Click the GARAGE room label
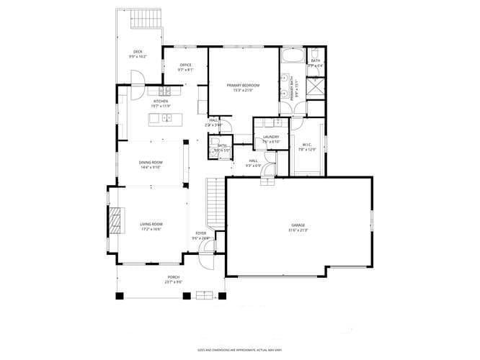click(x=298, y=226)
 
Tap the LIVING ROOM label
click(x=151, y=225)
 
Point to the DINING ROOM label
click(x=151, y=163)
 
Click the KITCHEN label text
click(x=160, y=102)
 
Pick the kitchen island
click(x=164, y=118)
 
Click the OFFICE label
click(x=185, y=66)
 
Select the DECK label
click(x=137, y=52)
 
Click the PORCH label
click(x=174, y=277)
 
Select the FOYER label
click(x=201, y=233)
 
